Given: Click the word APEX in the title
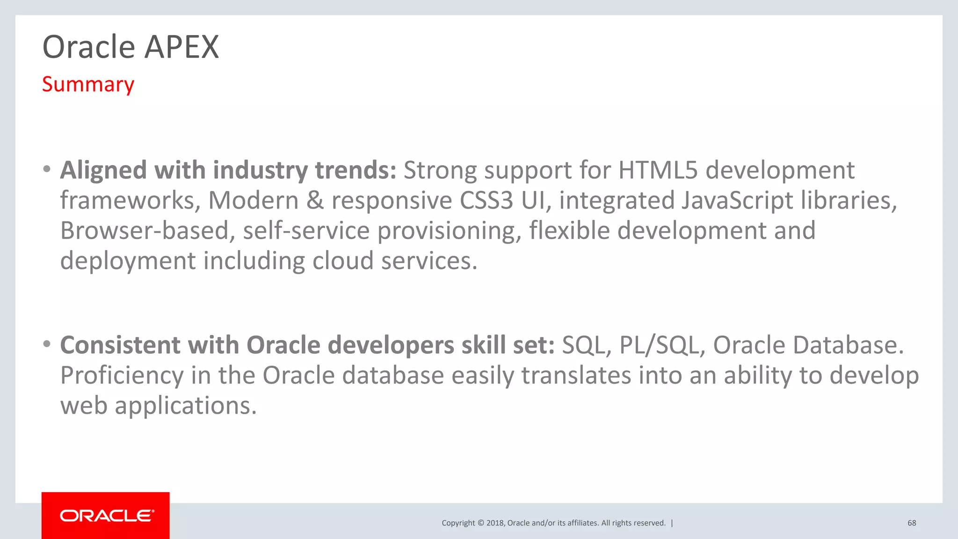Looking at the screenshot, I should click(x=182, y=47).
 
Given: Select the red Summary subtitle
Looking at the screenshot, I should click(x=88, y=85).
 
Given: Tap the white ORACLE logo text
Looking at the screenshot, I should click(x=107, y=516).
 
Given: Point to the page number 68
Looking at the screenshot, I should click(x=911, y=523).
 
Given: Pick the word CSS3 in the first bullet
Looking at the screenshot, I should click(x=486, y=201).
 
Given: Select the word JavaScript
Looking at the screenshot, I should click(x=737, y=201).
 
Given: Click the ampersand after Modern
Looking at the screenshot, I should click(x=315, y=201).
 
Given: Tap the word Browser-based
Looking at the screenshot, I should click(x=148, y=231).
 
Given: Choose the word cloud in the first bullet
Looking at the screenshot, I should click(x=343, y=261).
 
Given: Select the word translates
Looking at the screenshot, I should click(x=576, y=376).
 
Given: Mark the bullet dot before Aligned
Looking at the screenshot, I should click(x=47, y=169).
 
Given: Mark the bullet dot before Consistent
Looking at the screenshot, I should click(x=47, y=345).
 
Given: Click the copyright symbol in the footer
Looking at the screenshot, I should click(x=480, y=523).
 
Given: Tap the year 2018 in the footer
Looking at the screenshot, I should click(x=495, y=523).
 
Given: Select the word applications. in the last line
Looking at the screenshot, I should click(x=186, y=406).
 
